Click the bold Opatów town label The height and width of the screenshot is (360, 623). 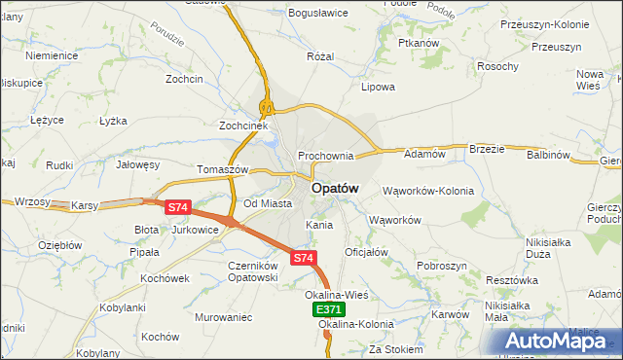[335, 188]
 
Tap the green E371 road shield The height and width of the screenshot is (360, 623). [329, 309]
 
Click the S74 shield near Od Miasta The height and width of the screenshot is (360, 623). [177, 207]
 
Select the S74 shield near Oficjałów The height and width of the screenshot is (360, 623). [303, 258]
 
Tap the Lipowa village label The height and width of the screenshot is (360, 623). [378, 87]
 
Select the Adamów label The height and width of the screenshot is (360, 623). [424, 154]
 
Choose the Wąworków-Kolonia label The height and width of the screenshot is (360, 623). [428, 191]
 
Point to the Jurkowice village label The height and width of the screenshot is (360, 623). [195, 230]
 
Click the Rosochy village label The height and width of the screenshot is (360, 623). [497, 66]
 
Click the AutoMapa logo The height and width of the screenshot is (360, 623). [556, 342]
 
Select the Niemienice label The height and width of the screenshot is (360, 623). [52, 55]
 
